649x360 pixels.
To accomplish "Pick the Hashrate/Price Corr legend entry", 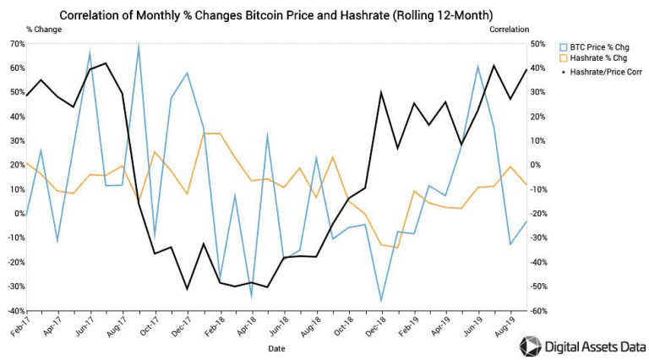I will point(605,72).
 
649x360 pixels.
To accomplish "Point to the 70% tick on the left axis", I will point(16,42).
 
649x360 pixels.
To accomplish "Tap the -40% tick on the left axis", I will point(15,311).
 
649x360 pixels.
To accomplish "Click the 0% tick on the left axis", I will point(19,213).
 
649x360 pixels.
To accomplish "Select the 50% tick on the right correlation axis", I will point(537,42).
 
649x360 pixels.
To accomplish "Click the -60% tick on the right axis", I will point(537,311).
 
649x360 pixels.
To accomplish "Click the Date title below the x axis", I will point(276,347).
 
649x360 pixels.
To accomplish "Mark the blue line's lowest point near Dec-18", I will point(380,301).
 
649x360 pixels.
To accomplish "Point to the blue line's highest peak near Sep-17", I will point(138,46).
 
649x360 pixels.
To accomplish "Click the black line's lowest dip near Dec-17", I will point(187,289).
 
